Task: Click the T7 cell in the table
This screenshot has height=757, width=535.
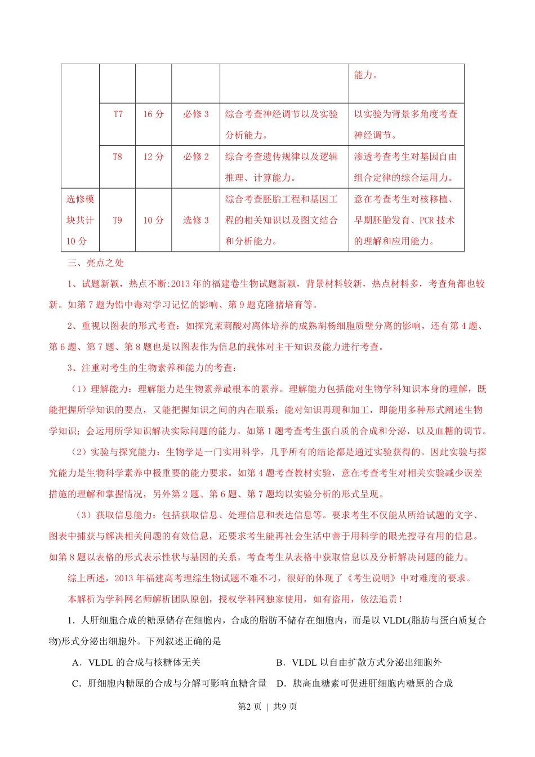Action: pos(118,114)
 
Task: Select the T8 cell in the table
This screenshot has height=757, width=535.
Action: pos(117,157)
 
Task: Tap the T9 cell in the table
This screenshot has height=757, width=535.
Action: pos(117,220)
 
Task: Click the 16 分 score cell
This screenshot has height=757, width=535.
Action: pos(153,114)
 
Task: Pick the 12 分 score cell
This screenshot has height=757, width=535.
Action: pos(153,157)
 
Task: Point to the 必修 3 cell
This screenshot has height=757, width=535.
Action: pos(195,114)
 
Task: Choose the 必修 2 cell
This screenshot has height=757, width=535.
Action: pos(195,157)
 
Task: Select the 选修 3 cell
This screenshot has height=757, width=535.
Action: pos(195,220)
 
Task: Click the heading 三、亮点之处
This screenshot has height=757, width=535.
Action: pos(96,262)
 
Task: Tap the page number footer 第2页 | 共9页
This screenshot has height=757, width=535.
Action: pos(267,706)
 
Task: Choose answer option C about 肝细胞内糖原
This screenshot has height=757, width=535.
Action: pos(170,683)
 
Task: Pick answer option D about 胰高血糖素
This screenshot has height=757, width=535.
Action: pos(364,683)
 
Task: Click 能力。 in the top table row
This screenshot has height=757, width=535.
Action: pos(366,75)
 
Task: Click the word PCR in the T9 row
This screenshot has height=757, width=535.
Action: pos(426,220)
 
